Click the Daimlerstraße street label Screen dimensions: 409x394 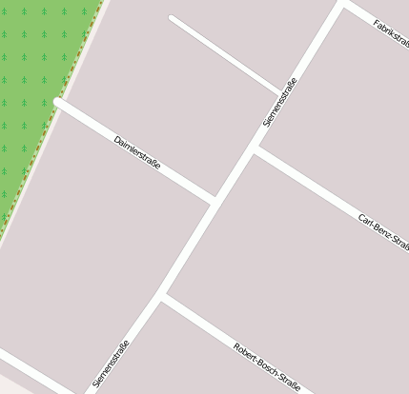pyautogui.click(x=137, y=152)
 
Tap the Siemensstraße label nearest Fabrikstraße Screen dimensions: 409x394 pyautogui.click(x=279, y=102)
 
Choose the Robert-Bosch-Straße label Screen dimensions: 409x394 pyautogui.click(x=267, y=367)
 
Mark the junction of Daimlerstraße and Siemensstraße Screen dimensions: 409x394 pyautogui.click(x=214, y=201)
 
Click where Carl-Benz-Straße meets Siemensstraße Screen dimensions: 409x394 pyautogui.click(x=255, y=149)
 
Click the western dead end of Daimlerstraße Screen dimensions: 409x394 pyautogui.click(x=59, y=100)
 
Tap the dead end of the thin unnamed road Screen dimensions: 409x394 pyautogui.click(x=172, y=18)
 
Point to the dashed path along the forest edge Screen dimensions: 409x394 pyautogui.click(x=52, y=125)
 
